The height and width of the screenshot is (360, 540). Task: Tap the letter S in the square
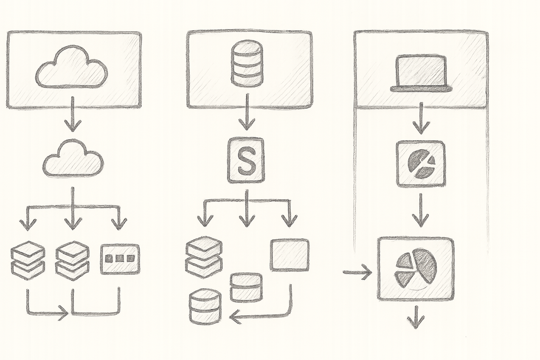[246, 161]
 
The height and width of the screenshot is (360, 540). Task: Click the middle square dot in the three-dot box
[120, 259]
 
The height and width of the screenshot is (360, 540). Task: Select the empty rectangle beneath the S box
[290, 255]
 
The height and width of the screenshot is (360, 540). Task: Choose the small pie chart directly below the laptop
[421, 164]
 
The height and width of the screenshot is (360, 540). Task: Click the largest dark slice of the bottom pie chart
[425, 265]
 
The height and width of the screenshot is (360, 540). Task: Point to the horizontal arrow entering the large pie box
[357, 272]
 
